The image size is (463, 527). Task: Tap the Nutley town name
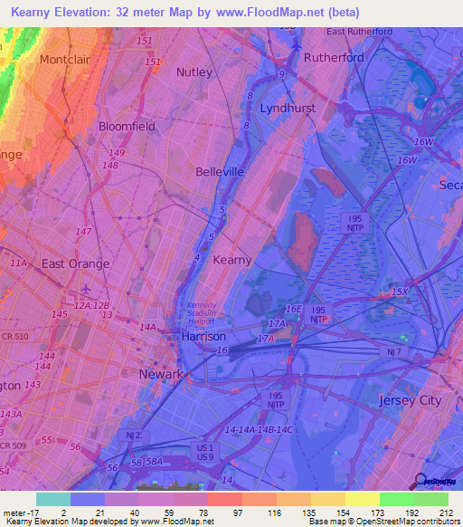point(194,72)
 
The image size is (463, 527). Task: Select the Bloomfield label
point(127,127)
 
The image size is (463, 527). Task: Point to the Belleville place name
point(220,171)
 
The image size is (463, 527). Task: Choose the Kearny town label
point(231,260)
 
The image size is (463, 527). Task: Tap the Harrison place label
point(203,336)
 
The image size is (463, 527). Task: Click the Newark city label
point(161,374)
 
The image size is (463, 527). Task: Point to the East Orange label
point(76,263)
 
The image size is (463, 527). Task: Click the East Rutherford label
point(359,32)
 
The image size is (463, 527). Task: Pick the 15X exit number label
point(400,292)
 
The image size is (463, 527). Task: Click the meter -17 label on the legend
point(18,512)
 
